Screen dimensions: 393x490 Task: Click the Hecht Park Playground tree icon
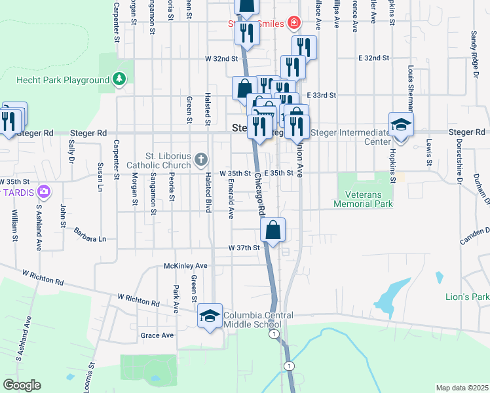click(119, 80)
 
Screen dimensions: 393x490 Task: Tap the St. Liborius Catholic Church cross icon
click(201, 159)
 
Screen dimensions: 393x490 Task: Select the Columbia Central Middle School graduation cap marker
click(210, 316)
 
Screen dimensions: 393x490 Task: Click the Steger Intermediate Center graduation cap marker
click(400, 124)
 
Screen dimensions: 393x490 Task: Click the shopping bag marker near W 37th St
click(273, 230)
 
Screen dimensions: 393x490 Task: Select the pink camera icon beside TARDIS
click(44, 192)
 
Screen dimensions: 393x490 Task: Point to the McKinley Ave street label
click(185, 267)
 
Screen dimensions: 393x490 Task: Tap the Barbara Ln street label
click(90, 238)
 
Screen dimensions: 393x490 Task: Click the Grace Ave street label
click(157, 335)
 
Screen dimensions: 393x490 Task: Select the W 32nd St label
click(221, 58)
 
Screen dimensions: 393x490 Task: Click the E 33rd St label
click(320, 95)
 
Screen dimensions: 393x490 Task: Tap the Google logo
click(22, 385)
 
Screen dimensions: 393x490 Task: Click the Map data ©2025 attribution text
click(461, 388)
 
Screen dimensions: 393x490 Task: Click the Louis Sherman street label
click(411, 86)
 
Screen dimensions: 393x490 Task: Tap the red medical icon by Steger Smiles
click(294, 24)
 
